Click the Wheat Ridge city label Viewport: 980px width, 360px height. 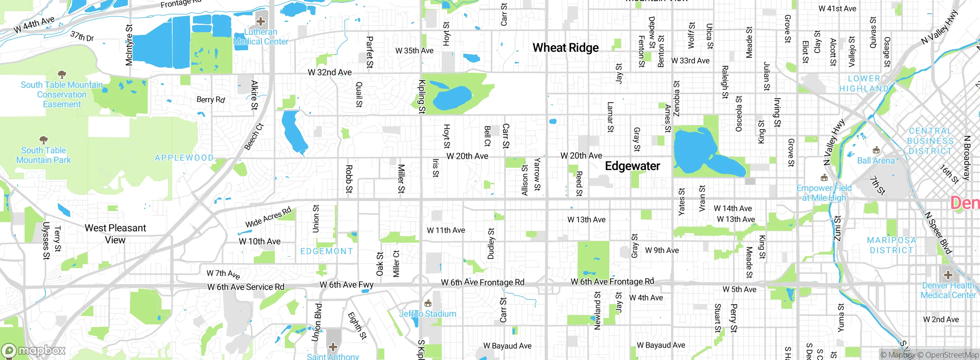(565, 47)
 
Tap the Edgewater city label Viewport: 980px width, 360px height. (632, 166)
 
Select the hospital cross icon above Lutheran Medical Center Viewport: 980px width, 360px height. (261, 21)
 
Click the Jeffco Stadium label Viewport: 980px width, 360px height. (428, 314)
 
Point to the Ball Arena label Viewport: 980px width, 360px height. (876, 160)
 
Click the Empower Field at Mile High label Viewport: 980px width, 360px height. (824, 193)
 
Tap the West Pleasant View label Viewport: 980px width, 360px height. (115, 234)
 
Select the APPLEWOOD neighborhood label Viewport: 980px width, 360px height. (184, 158)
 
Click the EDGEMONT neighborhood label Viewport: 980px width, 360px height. (327, 251)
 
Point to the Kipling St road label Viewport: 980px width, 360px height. (422, 97)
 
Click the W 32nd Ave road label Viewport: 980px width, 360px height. (330, 72)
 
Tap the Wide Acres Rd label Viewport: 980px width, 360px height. (268, 217)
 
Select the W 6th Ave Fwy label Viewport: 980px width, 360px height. (346, 285)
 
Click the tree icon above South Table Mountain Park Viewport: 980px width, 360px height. (44, 139)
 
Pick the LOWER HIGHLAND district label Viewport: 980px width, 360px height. (864, 83)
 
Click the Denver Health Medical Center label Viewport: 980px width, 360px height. (948, 290)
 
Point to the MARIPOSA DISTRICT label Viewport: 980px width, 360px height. (892, 245)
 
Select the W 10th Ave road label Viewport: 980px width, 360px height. (260, 241)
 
